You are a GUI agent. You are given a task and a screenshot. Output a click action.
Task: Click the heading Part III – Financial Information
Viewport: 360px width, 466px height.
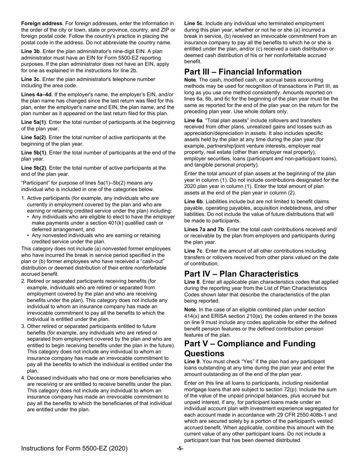click(x=248, y=72)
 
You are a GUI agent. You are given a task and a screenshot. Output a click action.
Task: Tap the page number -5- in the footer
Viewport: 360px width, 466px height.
click(x=180, y=449)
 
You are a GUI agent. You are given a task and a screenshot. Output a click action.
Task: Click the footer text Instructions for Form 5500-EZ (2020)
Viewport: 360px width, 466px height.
click(x=74, y=449)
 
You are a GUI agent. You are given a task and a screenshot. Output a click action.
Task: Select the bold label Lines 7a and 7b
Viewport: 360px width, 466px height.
click(x=204, y=229)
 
